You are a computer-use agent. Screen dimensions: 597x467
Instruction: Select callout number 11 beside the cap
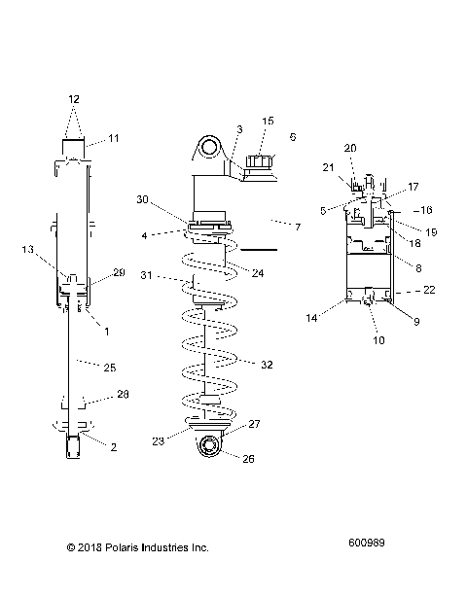point(114,139)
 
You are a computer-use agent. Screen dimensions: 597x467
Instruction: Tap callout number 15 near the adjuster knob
point(269,122)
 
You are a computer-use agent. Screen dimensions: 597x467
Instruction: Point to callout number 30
point(144,199)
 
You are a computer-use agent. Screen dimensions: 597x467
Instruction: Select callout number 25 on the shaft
point(110,367)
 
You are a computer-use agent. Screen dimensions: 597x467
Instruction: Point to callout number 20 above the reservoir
point(350,147)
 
